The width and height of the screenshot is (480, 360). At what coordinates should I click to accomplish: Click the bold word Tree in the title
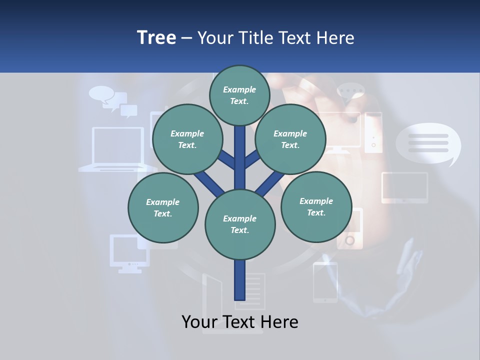click(156, 37)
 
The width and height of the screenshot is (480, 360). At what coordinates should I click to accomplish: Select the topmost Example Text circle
click(239, 95)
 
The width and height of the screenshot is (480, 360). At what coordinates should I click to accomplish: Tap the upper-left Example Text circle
click(187, 139)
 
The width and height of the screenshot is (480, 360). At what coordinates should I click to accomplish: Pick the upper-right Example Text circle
click(290, 139)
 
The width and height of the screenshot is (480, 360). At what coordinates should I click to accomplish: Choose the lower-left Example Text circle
click(162, 208)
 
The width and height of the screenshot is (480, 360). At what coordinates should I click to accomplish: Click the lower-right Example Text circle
click(316, 207)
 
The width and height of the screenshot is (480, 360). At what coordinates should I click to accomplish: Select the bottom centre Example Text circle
click(239, 224)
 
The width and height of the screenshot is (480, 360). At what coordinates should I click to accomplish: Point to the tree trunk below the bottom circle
click(239, 280)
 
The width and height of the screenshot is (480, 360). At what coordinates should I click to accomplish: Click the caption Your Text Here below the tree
click(239, 322)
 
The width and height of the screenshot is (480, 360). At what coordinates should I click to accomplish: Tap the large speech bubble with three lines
click(428, 143)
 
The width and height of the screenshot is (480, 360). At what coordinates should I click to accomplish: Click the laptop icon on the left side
click(118, 148)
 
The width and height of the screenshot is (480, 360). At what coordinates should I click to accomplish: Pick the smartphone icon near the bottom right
click(325, 282)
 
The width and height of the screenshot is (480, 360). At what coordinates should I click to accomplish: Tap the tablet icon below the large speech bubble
click(405, 187)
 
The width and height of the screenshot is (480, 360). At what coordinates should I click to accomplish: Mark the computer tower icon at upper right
click(373, 132)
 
